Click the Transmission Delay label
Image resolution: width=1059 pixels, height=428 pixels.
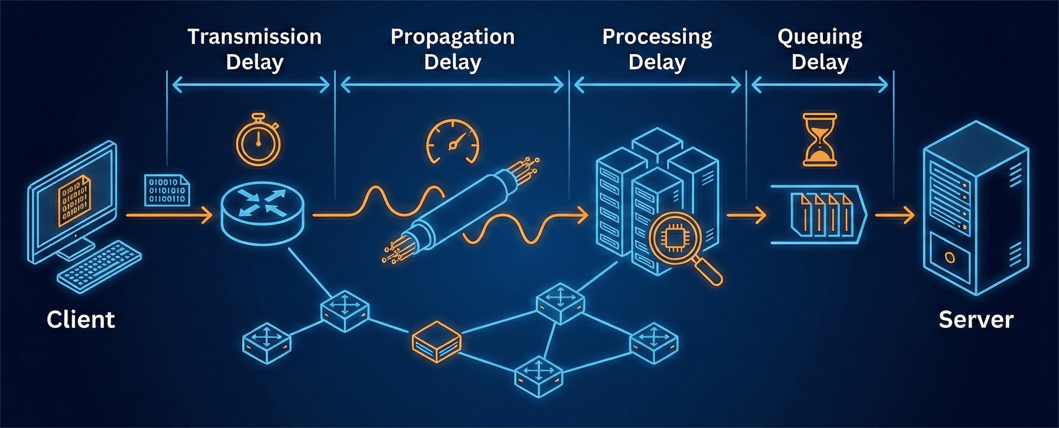[x=255, y=49]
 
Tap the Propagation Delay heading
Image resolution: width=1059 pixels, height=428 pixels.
[x=453, y=49]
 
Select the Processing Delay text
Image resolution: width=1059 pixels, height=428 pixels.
[x=657, y=49]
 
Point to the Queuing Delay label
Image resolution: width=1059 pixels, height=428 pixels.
[x=820, y=49]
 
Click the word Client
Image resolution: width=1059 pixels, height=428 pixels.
[x=81, y=320]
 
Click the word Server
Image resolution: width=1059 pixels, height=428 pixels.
[x=976, y=320]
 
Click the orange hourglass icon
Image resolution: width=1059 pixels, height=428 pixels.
[x=820, y=140]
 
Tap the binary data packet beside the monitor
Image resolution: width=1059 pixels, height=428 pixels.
[x=166, y=190]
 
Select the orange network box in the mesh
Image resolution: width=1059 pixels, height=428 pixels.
[x=436, y=342]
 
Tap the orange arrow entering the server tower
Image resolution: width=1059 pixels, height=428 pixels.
[x=894, y=215]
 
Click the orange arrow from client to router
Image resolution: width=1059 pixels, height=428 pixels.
[x=168, y=215]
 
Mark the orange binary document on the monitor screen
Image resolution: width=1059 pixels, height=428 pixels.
[x=74, y=200]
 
